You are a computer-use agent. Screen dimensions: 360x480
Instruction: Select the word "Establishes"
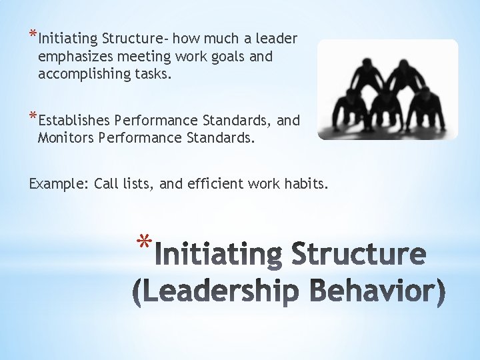pyautogui.click(x=74, y=121)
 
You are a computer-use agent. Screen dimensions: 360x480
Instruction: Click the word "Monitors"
pyautogui.click(x=65, y=138)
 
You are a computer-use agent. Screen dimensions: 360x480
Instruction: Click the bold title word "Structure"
pyautogui.click(x=357, y=255)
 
